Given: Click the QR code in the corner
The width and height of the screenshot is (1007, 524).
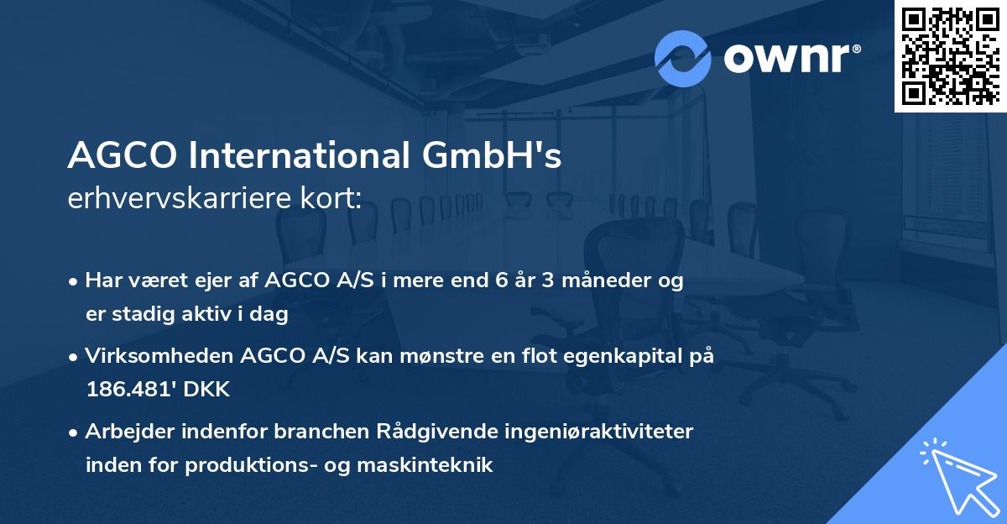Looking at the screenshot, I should tap(951, 55).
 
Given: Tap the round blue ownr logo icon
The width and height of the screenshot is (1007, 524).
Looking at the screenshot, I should tap(683, 58).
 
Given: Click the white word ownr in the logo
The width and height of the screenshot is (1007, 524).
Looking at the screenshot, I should tap(792, 58).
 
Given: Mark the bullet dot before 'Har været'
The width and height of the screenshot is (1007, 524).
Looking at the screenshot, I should tap(75, 282).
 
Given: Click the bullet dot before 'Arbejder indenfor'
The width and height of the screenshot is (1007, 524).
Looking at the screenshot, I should tap(75, 432).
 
